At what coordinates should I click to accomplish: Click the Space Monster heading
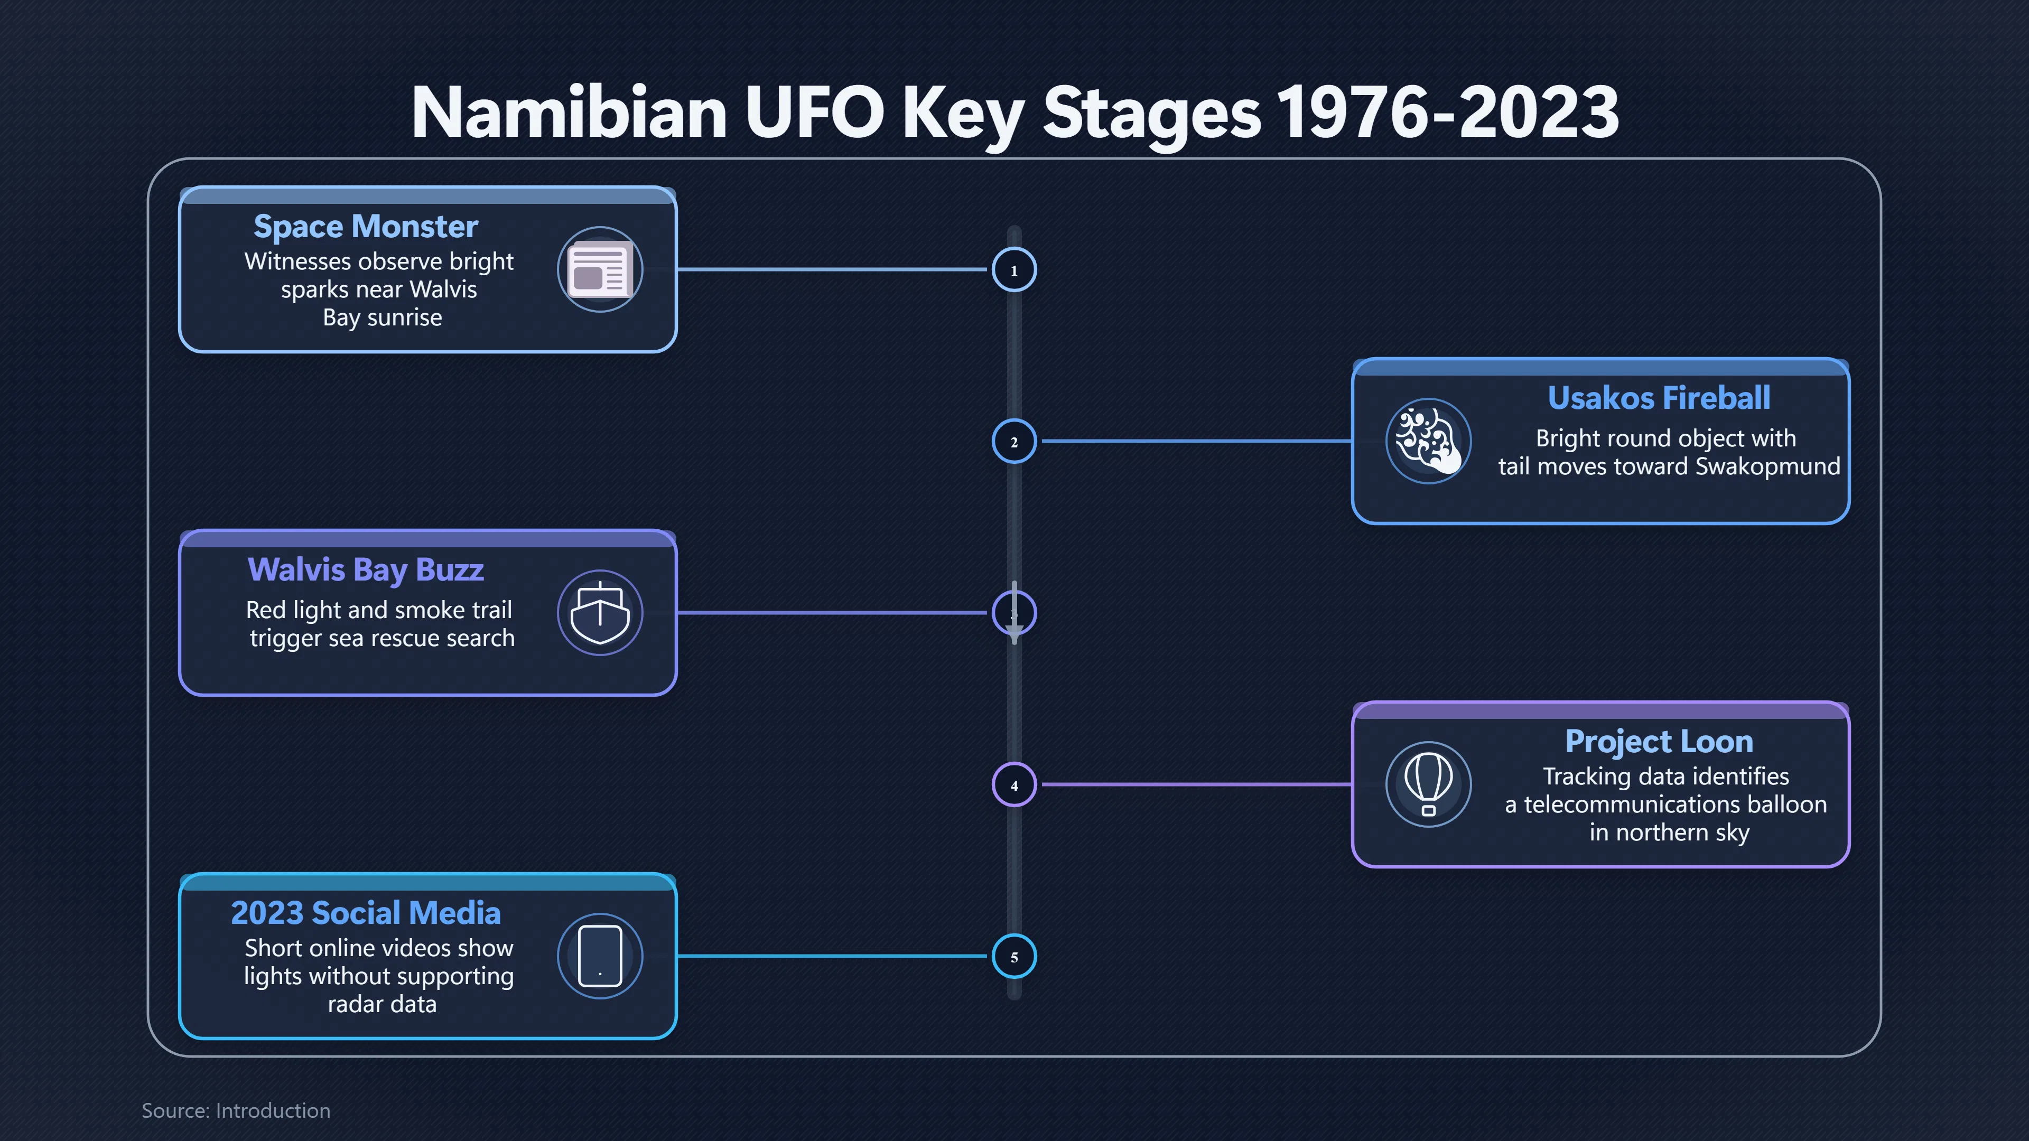pos(366,227)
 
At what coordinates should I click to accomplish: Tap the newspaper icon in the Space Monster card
pos(600,269)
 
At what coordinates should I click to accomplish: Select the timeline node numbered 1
pos(1014,270)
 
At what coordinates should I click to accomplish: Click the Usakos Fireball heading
pos(1659,398)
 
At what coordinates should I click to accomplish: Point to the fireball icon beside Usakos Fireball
pos(1428,441)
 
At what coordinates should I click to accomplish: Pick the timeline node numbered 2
pos(1014,442)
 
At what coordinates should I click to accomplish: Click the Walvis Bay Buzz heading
pos(366,570)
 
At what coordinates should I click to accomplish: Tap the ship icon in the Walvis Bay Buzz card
pos(600,613)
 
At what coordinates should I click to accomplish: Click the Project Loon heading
pos(1659,742)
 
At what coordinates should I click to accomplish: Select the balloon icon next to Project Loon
pos(1428,784)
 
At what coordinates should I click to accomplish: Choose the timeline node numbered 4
pos(1014,785)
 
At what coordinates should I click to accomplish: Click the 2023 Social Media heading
pos(366,913)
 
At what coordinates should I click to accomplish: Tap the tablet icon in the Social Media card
pos(600,956)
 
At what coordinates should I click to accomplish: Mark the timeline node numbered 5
pos(1014,957)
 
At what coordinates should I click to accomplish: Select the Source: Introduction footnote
pos(236,1110)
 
